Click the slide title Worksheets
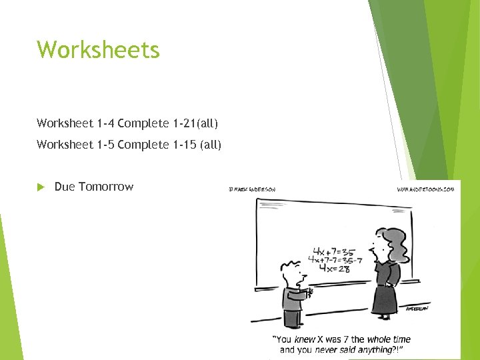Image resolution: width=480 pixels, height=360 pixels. [x=98, y=50]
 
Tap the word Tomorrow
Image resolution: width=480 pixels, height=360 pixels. [x=106, y=187]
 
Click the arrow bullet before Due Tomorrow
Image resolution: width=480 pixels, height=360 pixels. [x=41, y=187]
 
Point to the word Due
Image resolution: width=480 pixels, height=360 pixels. [x=65, y=187]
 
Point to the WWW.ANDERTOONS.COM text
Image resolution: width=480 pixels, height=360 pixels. [x=425, y=189]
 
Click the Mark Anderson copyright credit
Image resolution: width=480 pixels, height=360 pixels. [x=251, y=189]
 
